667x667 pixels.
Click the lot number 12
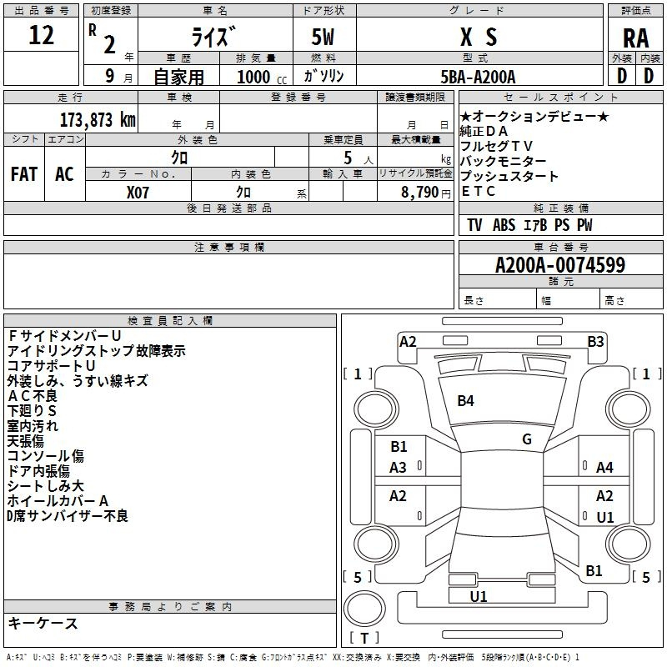coord(42,36)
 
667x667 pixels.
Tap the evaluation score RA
coord(635,38)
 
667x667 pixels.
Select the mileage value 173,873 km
coord(98,119)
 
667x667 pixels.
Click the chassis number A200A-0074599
coord(559,266)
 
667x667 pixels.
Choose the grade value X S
coord(478,37)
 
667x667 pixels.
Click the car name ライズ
coord(215,37)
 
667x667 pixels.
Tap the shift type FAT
coord(24,174)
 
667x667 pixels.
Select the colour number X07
coord(138,193)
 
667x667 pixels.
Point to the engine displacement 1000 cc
coord(260,77)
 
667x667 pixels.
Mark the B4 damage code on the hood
coord(465,401)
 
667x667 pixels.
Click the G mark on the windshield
coord(526,439)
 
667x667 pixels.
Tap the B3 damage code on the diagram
coord(595,341)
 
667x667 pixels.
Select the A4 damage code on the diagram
coord(604,468)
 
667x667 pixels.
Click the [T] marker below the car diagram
coord(364,639)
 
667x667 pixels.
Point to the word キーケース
coord(43,624)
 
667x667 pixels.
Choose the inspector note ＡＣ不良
coord(33,396)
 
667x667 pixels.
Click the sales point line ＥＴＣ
coord(479,192)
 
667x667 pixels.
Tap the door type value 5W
coord(324,37)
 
